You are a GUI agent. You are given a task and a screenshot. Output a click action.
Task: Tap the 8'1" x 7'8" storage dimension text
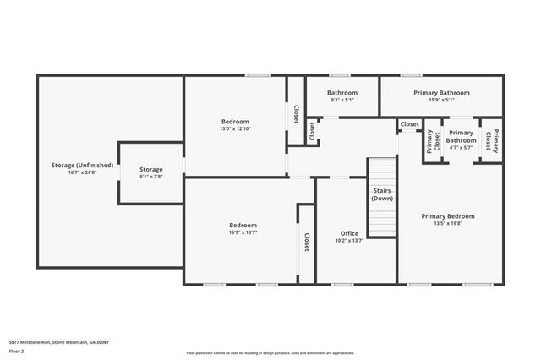click(x=150, y=177)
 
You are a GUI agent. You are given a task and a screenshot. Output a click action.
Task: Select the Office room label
click(x=350, y=233)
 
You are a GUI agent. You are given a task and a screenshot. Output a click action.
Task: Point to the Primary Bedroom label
click(x=448, y=216)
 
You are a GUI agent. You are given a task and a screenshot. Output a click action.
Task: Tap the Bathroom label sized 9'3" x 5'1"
click(x=342, y=93)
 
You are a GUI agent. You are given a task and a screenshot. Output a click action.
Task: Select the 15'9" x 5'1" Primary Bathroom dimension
click(x=441, y=100)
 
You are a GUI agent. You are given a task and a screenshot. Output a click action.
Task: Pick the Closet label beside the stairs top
click(x=409, y=124)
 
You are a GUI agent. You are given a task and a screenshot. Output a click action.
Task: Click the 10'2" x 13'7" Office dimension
click(x=350, y=240)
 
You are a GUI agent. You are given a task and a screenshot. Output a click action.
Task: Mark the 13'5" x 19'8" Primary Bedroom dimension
click(x=448, y=224)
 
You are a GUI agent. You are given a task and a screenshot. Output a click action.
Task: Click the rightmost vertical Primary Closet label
click(x=490, y=140)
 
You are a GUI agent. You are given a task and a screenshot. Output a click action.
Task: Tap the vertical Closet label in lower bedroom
click(x=306, y=242)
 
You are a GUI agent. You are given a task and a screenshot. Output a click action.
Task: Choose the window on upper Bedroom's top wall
click(x=258, y=76)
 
